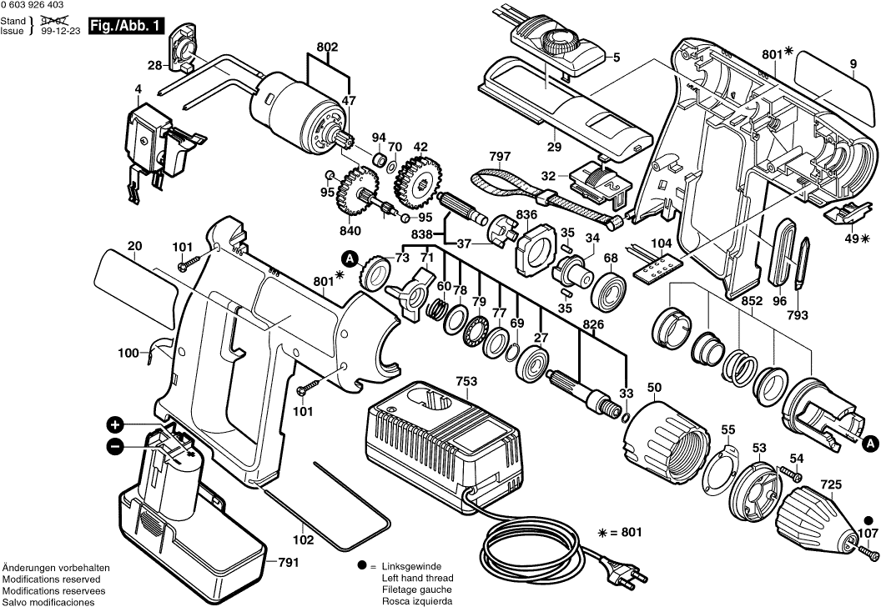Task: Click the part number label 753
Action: [466, 382]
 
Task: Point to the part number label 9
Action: [853, 63]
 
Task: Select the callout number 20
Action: [135, 246]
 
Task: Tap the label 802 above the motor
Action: [327, 48]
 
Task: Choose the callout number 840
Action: [350, 231]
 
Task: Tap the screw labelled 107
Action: [868, 549]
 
